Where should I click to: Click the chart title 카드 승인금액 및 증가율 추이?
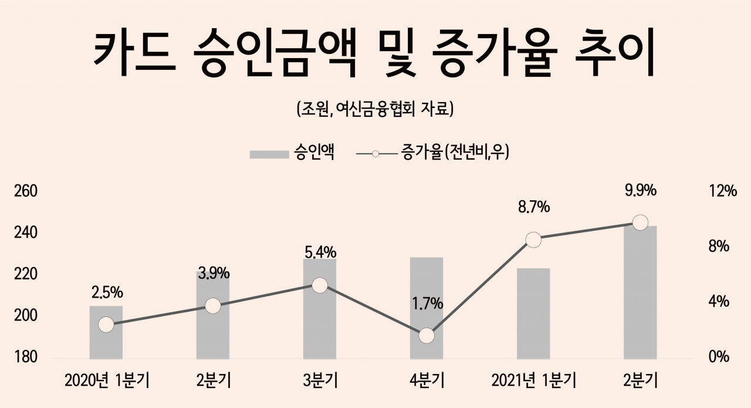374,52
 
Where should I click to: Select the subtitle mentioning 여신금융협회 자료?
375,109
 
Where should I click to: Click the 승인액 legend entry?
292,153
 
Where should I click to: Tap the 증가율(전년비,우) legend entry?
433,153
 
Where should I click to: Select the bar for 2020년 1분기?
106,332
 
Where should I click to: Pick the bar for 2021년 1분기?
533,313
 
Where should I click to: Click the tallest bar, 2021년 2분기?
640,292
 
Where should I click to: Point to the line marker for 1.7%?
427,336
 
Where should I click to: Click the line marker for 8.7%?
533,240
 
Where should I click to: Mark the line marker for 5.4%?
320,285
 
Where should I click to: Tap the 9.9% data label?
640,191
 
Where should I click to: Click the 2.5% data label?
107,293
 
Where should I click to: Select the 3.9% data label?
214,274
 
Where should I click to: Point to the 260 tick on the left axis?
25,191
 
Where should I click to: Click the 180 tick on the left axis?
25,357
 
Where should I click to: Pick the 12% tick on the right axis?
722,191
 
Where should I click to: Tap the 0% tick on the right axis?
719,357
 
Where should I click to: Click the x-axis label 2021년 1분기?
534,381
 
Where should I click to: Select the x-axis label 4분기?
427,381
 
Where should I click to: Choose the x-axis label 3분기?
320,381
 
